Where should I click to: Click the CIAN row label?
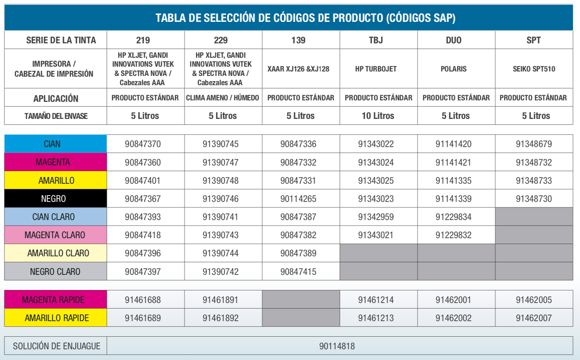point(52,144)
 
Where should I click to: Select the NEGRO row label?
point(53,199)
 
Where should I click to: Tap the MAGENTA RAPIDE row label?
point(53,300)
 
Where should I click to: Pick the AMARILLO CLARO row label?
point(58,253)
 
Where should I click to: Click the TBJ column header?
point(376,40)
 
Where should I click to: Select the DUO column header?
point(454,40)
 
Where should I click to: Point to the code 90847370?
point(143,144)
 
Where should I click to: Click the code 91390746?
point(220,199)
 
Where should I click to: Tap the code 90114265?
point(298,199)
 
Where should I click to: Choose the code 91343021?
point(376,235)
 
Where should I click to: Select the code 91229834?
point(453,217)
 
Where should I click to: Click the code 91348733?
point(534,181)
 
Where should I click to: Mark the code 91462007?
point(534,318)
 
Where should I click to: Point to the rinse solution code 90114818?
point(337,346)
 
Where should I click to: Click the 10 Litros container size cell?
point(378,116)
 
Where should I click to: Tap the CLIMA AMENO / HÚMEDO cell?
point(223,98)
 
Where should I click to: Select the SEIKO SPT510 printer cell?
point(534,69)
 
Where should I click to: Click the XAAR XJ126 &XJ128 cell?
point(298,69)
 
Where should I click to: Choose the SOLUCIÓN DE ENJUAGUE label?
point(57,346)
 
